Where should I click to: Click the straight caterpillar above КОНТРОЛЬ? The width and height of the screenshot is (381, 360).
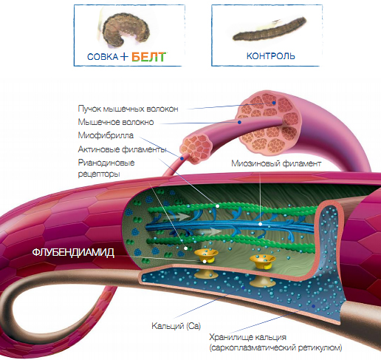[x=270, y=30]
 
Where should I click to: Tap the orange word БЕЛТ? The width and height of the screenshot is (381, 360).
[x=148, y=57]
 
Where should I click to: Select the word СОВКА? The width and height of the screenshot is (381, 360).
[x=103, y=57]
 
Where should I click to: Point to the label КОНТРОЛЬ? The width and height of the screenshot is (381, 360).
[x=271, y=56]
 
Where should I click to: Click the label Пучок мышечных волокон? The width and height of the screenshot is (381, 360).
[x=128, y=109]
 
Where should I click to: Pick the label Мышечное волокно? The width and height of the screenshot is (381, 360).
[x=116, y=122]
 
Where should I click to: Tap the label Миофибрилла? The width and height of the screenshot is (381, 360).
[x=106, y=135]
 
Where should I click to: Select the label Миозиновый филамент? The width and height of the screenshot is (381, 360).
[x=276, y=163]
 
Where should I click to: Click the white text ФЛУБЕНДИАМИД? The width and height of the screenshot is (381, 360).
[x=73, y=253]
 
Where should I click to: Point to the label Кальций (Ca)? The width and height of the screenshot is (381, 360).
[x=176, y=326]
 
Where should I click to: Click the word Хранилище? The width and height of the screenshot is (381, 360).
[x=248, y=337]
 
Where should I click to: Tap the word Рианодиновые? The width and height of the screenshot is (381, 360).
[x=106, y=163]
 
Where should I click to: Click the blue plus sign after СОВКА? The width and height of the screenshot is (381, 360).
[x=124, y=57]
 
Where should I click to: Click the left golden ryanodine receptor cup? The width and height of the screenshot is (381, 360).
[x=206, y=255]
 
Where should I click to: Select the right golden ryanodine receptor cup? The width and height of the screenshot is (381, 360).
[x=262, y=261]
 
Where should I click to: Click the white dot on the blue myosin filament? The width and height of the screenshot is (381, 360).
[x=260, y=224]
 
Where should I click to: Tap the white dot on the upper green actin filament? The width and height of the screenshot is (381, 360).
[x=217, y=206]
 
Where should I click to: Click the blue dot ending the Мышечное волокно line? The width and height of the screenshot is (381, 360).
[x=239, y=122]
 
